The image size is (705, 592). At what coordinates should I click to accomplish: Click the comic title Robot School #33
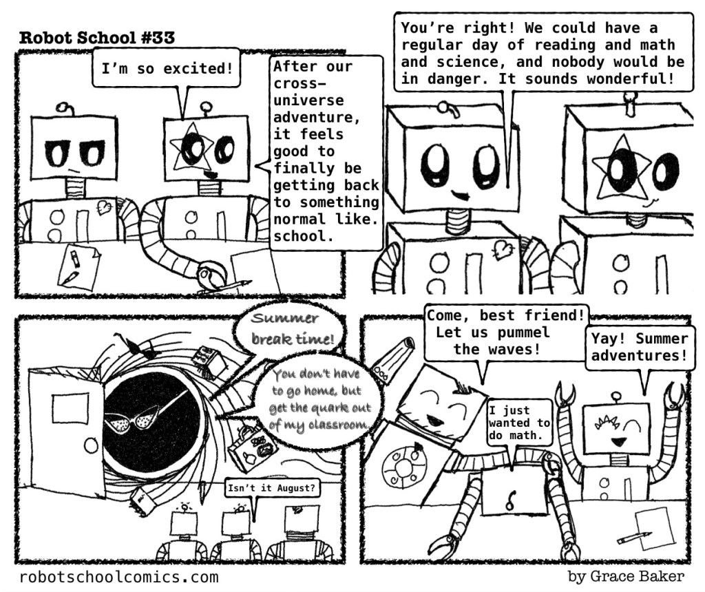pyautogui.click(x=96, y=38)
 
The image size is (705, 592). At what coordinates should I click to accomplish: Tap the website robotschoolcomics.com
pyautogui.click(x=119, y=577)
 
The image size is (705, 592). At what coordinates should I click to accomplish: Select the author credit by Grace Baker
pyautogui.click(x=626, y=576)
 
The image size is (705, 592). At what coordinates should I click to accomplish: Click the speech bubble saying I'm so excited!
pyautogui.click(x=166, y=68)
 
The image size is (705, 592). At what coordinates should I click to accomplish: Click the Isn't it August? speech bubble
pyautogui.click(x=271, y=488)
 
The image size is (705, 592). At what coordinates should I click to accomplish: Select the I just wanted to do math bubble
pyautogui.click(x=519, y=423)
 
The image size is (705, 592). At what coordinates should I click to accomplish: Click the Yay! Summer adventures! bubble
pyautogui.click(x=640, y=347)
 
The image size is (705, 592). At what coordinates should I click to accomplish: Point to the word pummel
pyautogui.click(x=523, y=332)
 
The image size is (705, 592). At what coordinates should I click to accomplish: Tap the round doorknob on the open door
pyautogui.click(x=92, y=446)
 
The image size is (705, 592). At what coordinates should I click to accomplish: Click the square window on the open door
pyautogui.click(x=70, y=408)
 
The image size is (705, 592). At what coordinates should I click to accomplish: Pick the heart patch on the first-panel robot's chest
pyautogui.click(x=105, y=207)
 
